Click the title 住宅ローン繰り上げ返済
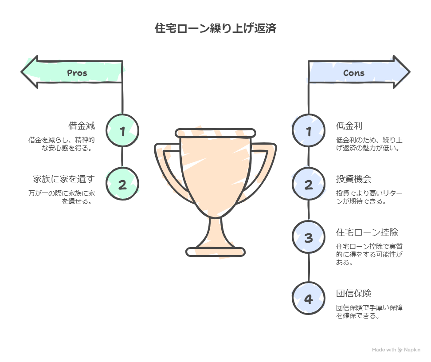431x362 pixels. (215, 29)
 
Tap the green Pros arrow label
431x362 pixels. (77, 73)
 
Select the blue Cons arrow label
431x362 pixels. (354, 73)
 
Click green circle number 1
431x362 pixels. (123, 130)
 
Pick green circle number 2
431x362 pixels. (123, 184)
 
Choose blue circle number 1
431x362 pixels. (309, 130)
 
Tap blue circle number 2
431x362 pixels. (309, 184)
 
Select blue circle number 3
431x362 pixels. (309, 237)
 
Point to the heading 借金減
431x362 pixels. (82, 126)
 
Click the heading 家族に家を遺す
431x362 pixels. (64, 179)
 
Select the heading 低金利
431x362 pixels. (349, 126)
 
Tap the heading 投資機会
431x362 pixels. (354, 179)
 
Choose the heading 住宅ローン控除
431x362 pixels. (367, 232)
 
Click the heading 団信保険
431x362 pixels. (354, 293)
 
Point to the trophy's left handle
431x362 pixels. (168, 169)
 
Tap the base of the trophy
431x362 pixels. (215, 252)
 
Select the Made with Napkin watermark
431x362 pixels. (396, 350)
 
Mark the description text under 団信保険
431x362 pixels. (369, 311)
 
